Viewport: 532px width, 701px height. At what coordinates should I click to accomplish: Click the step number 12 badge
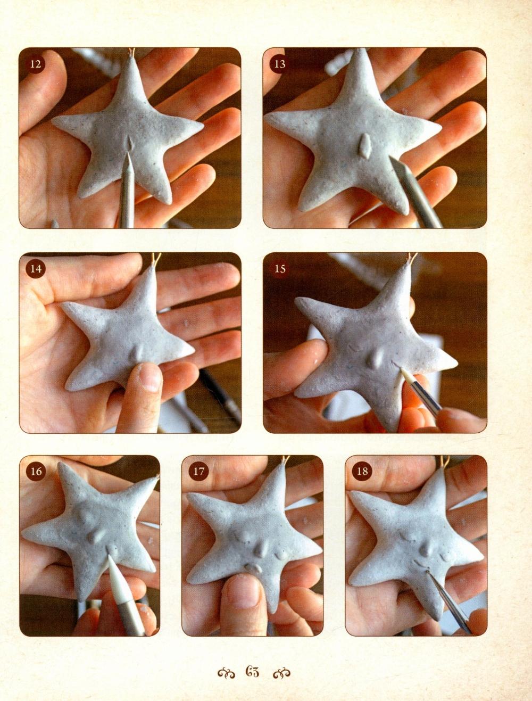(36, 64)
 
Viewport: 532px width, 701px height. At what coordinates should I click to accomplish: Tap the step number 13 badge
(279, 64)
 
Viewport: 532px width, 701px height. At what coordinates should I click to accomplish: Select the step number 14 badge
(36, 269)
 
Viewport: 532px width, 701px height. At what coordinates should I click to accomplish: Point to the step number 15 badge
(279, 269)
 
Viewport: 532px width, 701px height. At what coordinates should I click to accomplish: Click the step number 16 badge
(36, 472)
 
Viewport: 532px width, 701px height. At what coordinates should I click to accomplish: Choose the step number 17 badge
(198, 472)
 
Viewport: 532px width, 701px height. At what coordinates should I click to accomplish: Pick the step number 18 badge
(362, 472)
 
